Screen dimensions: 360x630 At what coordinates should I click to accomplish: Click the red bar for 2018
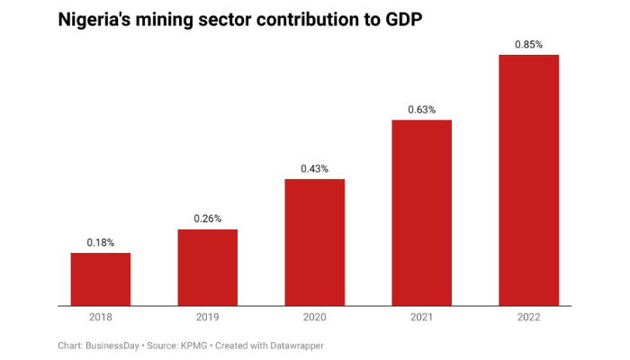coord(101,279)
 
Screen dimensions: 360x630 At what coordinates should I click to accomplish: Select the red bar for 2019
coord(207,267)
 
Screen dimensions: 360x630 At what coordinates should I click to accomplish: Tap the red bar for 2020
coord(315,242)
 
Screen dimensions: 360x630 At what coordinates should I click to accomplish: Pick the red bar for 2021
coord(421,212)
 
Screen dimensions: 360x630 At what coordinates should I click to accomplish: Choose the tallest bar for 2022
coord(528,180)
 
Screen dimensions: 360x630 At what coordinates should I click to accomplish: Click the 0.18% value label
coord(101,242)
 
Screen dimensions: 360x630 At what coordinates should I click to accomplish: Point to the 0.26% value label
coord(207,219)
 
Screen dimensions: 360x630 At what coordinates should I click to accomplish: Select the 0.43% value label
coord(315,168)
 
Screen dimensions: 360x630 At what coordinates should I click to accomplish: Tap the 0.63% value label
coord(421,110)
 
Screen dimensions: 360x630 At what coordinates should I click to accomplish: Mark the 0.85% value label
coord(528,44)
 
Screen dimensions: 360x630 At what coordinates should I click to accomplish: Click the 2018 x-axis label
coord(101,318)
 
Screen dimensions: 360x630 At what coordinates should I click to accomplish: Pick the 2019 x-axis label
coord(207,318)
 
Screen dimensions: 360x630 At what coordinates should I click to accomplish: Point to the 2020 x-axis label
coord(315,318)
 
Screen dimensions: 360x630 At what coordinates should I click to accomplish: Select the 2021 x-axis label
coord(421,318)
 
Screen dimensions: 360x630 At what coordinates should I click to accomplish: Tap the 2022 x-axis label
coord(528,318)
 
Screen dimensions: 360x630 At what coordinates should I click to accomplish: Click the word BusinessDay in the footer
coord(111,346)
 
